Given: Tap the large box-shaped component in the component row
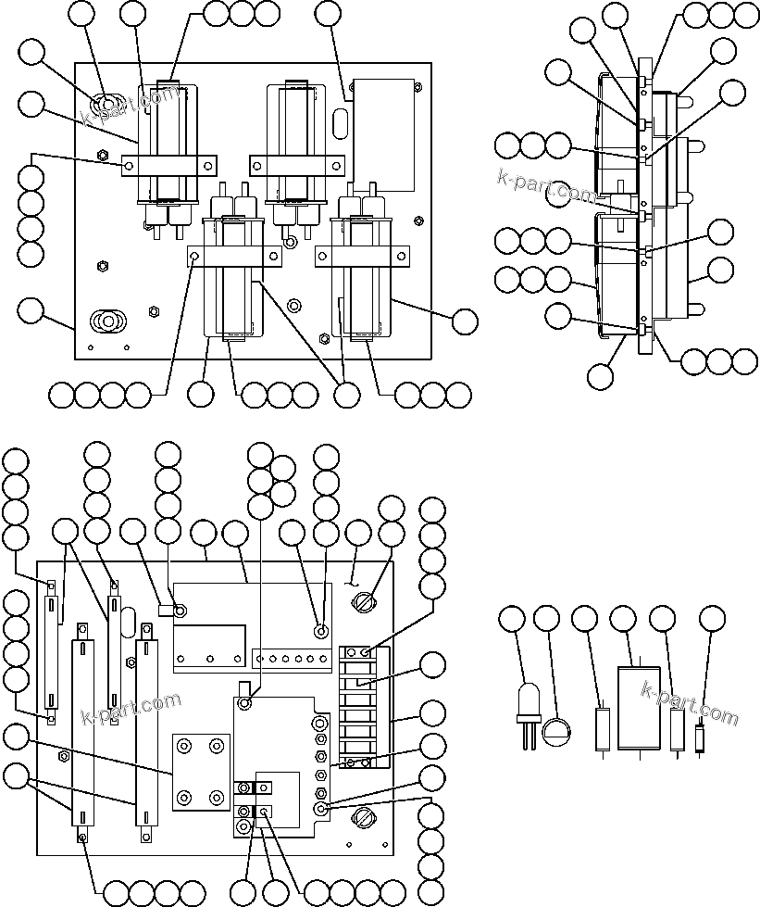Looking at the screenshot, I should click(639, 709).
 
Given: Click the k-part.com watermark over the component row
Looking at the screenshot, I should click(690, 705).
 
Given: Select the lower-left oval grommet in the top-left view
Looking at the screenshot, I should click(107, 321).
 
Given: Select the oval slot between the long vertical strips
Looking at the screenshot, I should click(129, 622).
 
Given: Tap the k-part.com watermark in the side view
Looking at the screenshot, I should click(546, 186).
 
